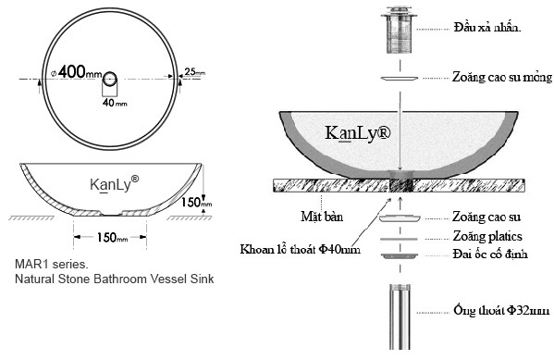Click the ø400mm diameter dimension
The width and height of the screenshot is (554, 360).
pyautogui.click(x=76, y=71)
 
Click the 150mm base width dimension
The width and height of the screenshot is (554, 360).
pyautogui.click(x=114, y=238)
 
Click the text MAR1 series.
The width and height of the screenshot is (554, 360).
pyautogui.click(x=48, y=264)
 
